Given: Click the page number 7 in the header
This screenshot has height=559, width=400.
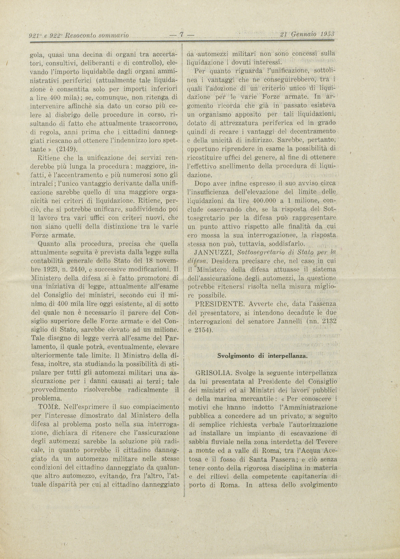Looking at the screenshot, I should (181, 34).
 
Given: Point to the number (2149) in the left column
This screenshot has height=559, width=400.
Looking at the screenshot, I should (67, 149).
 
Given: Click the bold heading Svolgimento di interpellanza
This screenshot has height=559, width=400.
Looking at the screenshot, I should (262, 356).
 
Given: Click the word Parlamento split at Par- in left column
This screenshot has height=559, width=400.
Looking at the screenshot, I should (172, 338).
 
